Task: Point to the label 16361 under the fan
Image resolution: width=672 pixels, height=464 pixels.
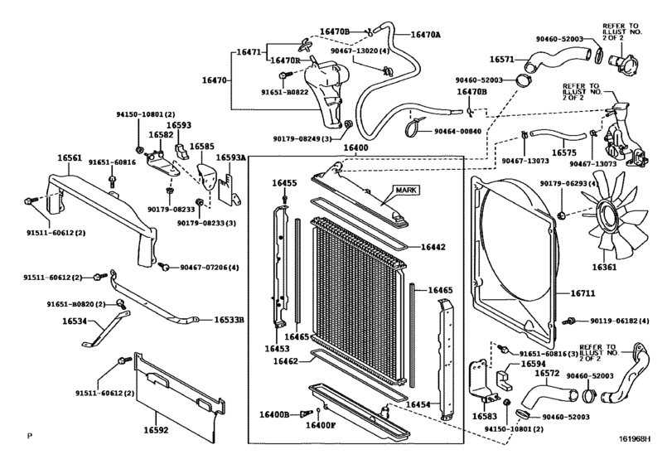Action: [604, 268]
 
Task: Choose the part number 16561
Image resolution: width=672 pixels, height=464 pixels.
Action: [70, 157]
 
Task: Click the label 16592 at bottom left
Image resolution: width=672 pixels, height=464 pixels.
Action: [155, 430]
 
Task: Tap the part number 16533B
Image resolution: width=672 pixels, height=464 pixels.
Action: [230, 319]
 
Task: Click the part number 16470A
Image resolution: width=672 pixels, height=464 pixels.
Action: [426, 35]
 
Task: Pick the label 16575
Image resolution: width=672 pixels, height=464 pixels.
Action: [563, 153]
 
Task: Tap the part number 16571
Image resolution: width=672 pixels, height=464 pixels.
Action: [502, 59]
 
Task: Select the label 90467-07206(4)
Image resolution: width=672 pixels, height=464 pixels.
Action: [210, 267]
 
